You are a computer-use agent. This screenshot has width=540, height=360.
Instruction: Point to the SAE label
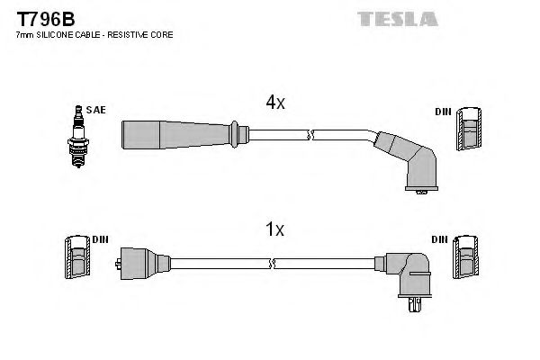[x=97, y=110]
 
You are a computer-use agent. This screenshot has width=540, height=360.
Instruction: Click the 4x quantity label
[x=274, y=103]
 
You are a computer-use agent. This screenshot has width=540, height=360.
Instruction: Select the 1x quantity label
[x=274, y=230]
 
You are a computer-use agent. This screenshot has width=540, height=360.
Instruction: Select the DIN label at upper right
[x=443, y=112]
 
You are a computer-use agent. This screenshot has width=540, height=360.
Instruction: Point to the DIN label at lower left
[x=99, y=239]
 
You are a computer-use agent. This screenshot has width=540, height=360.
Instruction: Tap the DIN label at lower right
[x=441, y=240]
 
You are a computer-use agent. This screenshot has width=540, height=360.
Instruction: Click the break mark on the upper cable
[x=310, y=135]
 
